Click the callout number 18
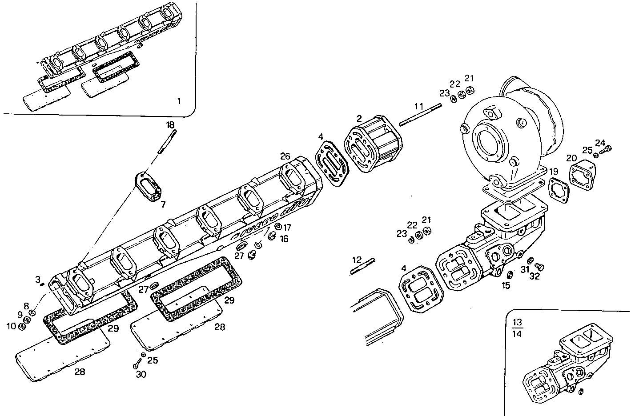pyautogui.click(x=171, y=125)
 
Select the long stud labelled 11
pyautogui.click(x=420, y=114)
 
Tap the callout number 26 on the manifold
pyautogui.click(x=285, y=156)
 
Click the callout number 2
pyautogui.click(x=359, y=118)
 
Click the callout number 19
pyautogui.click(x=553, y=172)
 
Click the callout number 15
pyautogui.click(x=506, y=285)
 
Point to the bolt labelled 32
pyautogui.click(x=539, y=266)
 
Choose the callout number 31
pyautogui.click(x=525, y=270)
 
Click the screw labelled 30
pyautogui.click(x=136, y=365)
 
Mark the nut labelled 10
pyautogui.click(x=22, y=327)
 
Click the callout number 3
pyautogui.click(x=38, y=279)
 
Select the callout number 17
pyautogui.click(x=287, y=226)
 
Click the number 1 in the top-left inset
pyautogui.click(x=179, y=101)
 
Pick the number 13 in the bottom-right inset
pyautogui.click(x=517, y=322)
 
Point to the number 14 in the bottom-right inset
pyautogui.click(x=517, y=333)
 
